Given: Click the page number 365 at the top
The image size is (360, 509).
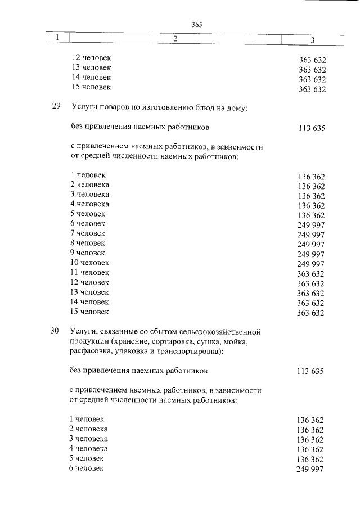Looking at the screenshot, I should tap(196, 25).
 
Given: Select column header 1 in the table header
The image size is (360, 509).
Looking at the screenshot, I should tap(57, 38).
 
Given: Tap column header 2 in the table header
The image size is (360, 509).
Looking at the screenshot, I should tap(175, 38).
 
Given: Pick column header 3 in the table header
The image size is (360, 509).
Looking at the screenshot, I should tap(312, 39).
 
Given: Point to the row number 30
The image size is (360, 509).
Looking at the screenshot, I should tap(55, 331).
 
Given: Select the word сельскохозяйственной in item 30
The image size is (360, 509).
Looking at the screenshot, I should tap(223, 331).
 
